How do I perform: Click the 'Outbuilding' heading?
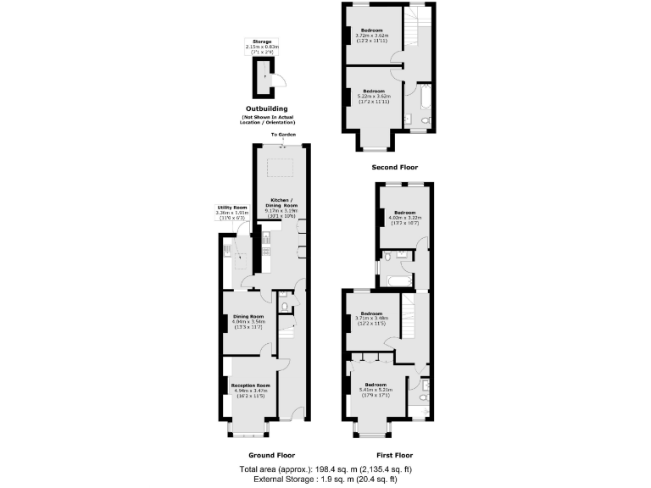click(266, 108)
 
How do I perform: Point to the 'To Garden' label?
click(283, 135)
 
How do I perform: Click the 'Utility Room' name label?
click(231, 207)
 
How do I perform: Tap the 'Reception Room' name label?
click(250, 385)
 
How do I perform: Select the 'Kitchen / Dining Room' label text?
click(284, 203)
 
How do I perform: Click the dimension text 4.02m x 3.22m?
click(403, 218)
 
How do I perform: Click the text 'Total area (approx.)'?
click(276, 469)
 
